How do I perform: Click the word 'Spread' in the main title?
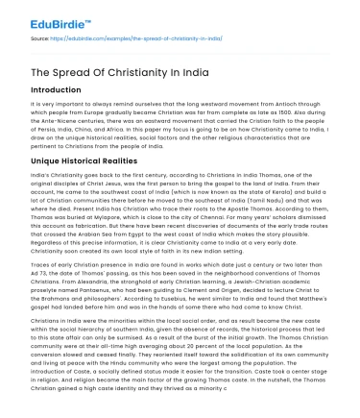pyautogui.click(x=72, y=62)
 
